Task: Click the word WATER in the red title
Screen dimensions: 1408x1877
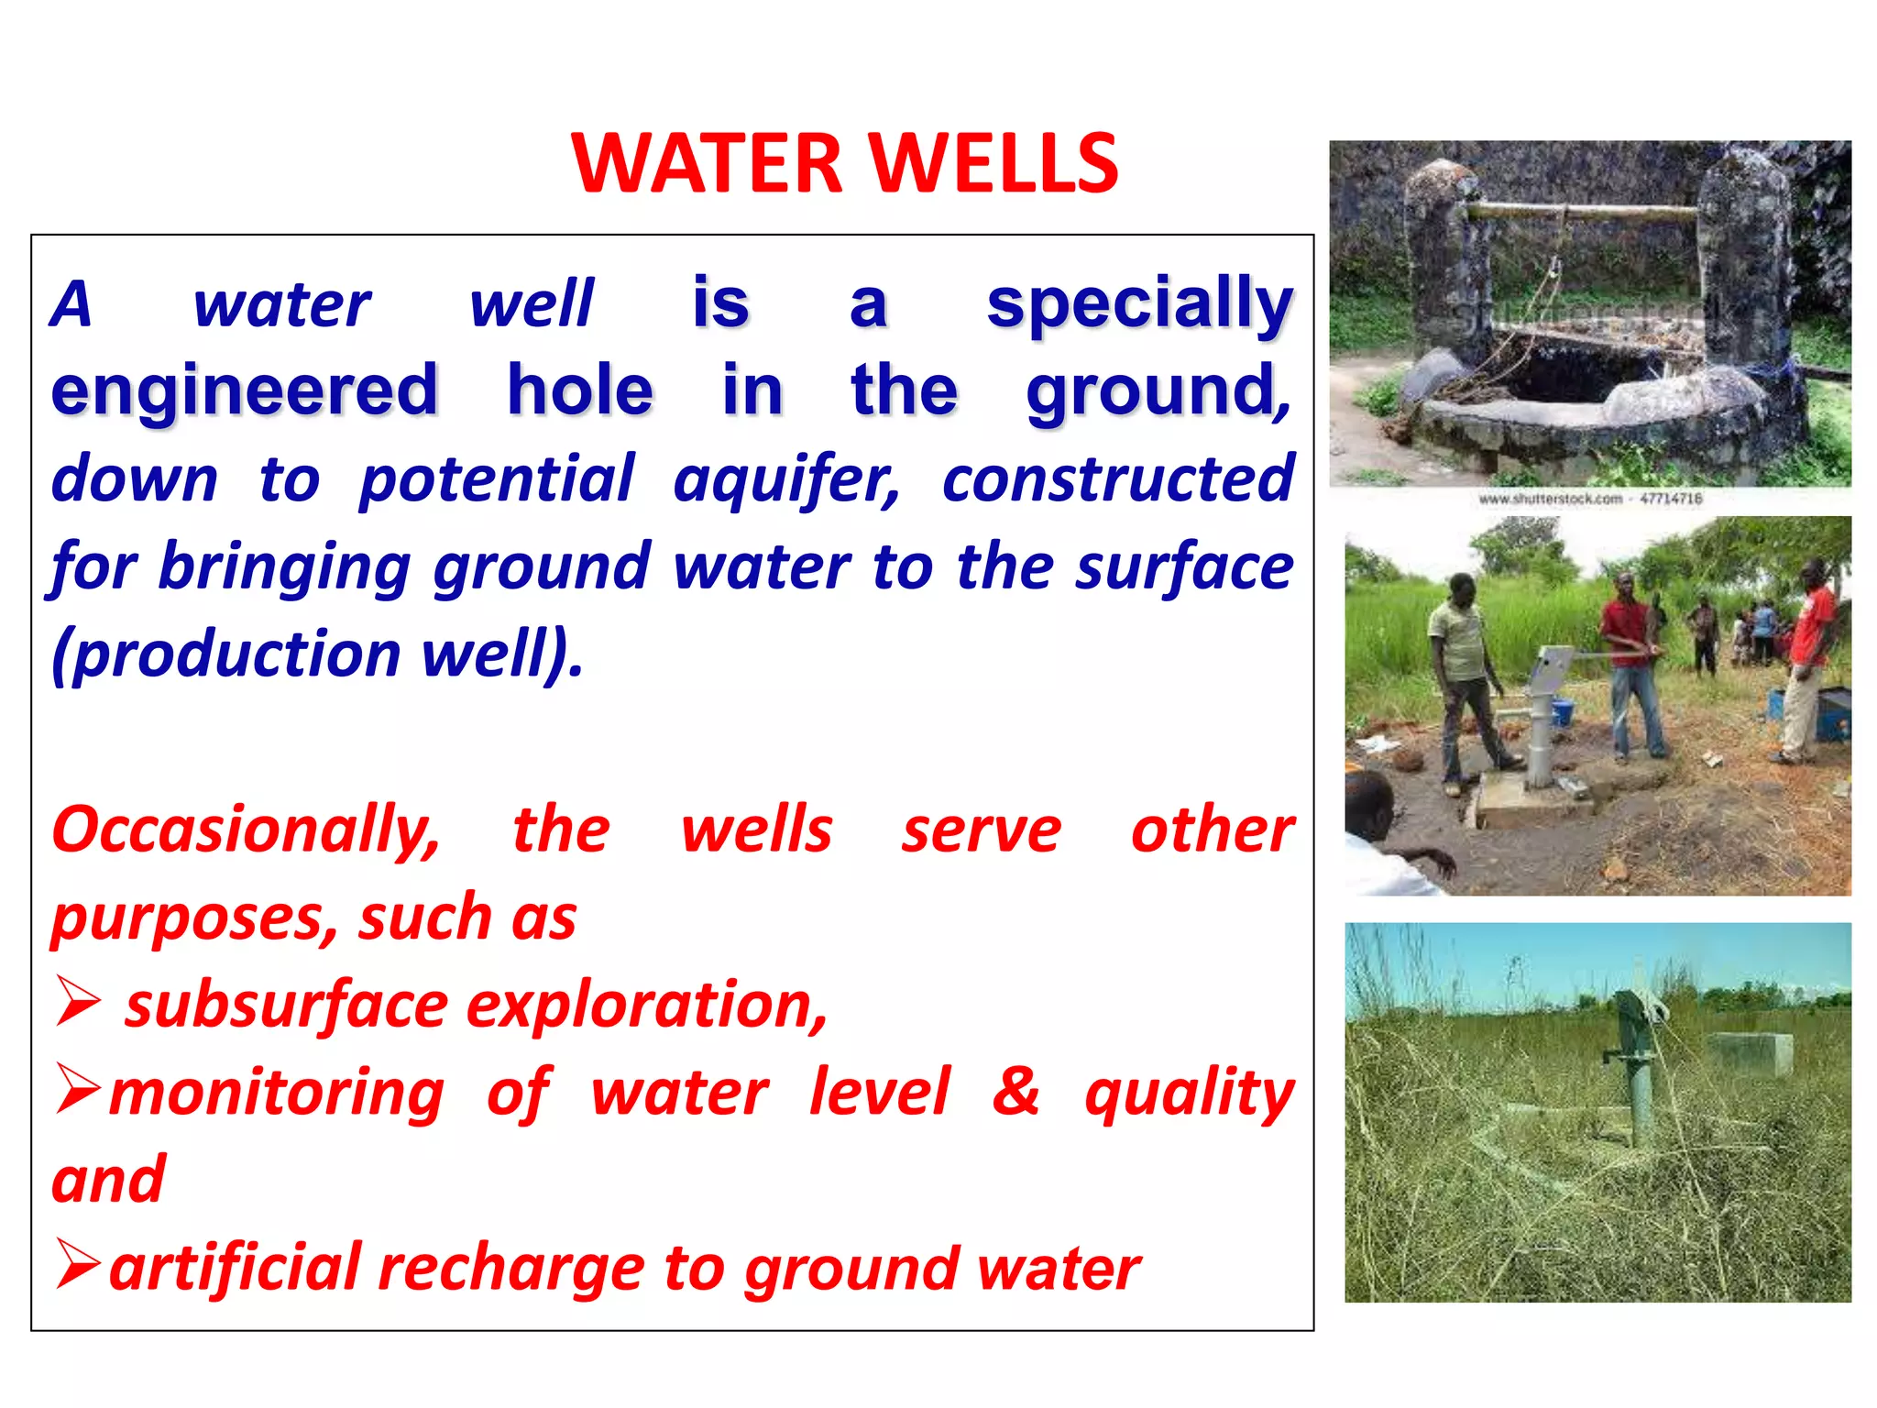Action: pyautogui.click(x=706, y=163)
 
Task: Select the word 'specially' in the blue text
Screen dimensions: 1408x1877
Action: pyautogui.click(x=1139, y=304)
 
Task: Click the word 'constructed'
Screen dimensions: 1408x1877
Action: pyautogui.click(x=1117, y=478)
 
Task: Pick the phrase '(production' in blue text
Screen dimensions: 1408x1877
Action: pyautogui.click(x=225, y=654)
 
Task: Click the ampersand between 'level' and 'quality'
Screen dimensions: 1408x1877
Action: pyautogui.click(x=1015, y=1091)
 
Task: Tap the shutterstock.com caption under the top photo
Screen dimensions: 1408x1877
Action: pyautogui.click(x=1589, y=500)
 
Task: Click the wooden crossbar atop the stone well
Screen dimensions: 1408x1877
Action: pyautogui.click(x=1584, y=212)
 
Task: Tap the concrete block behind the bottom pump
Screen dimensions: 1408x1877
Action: pyautogui.click(x=1749, y=1054)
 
